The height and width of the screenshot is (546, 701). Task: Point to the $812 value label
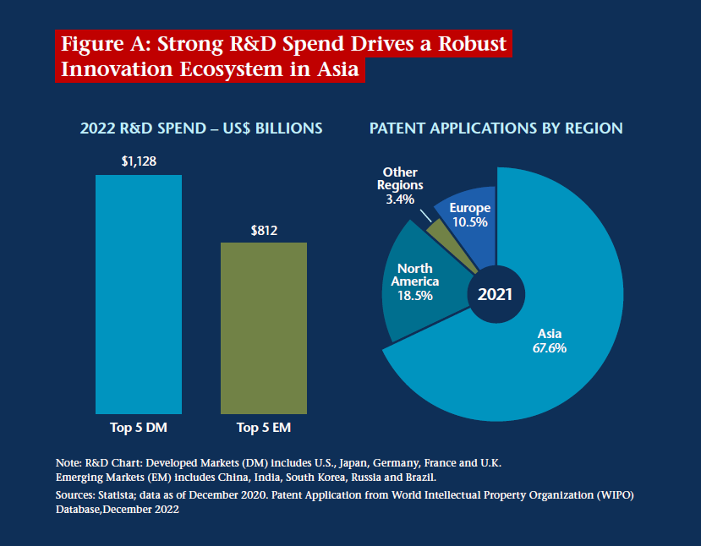click(264, 229)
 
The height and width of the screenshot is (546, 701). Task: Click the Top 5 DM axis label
click(139, 427)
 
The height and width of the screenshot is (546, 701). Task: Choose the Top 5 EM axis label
click(264, 427)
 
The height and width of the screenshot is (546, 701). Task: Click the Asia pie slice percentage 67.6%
click(550, 347)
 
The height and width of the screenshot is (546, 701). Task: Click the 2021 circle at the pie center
click(496, 295)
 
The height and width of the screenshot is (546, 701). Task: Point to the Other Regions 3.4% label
click(400, 186)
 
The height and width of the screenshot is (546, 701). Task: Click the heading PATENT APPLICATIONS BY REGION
click(496, 128)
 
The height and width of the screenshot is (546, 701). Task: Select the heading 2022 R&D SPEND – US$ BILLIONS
click(201, 128)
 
